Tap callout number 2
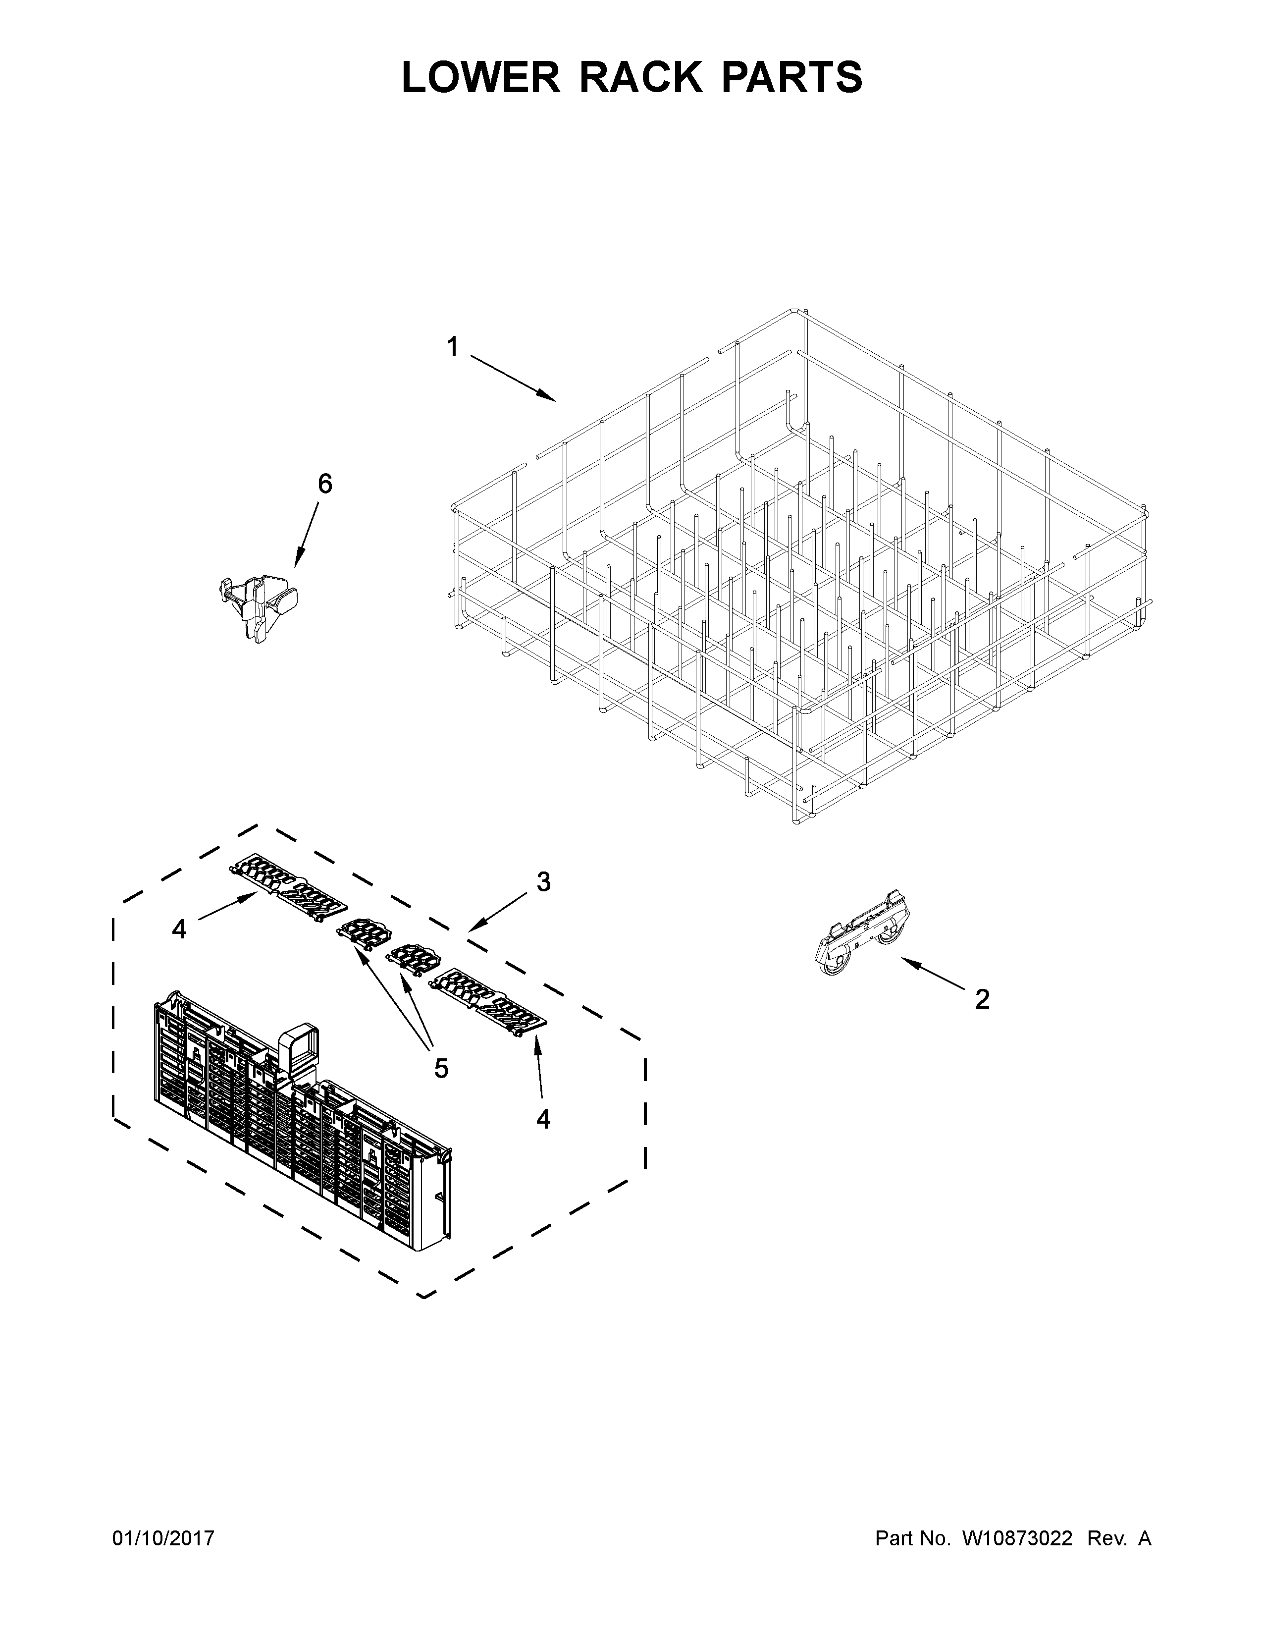[982, 999]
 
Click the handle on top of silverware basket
[298, 1049]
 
